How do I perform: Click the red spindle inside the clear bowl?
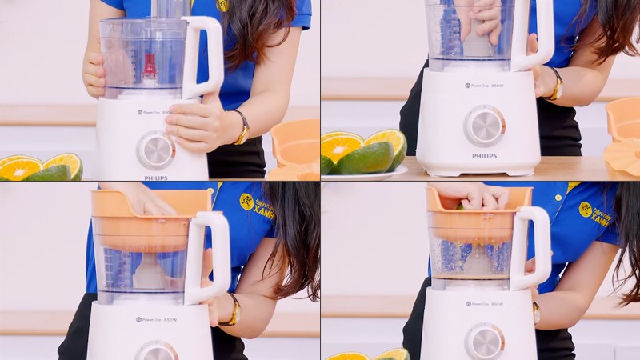[x=150, y=69]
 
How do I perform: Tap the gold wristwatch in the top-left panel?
[x=241, y=128]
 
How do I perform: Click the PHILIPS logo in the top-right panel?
[x=484, y=155]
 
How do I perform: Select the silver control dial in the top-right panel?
[x=485, y=125]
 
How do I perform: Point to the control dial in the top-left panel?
[x=155, y=150]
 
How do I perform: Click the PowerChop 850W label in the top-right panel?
[x=486, y=85]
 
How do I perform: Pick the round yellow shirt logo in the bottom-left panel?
[x=246, y=202]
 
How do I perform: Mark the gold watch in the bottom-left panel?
[x=234, y=310]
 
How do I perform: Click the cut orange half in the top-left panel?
[x=19, y=168]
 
